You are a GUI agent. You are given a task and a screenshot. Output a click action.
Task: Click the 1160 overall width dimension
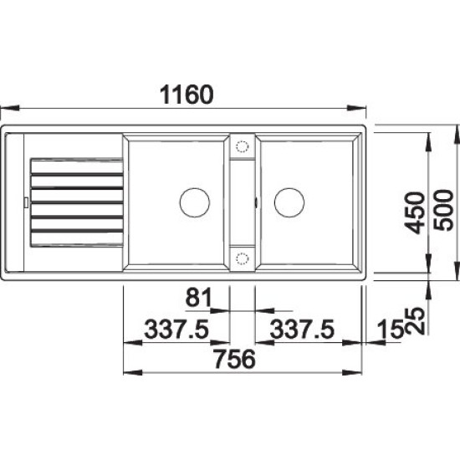tap(187, 95)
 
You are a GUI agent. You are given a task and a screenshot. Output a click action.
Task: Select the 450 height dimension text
tap(415, 212)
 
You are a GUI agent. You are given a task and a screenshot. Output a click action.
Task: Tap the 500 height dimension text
tap(443, 210)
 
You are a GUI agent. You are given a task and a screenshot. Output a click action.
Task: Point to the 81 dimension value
tap(198, 297)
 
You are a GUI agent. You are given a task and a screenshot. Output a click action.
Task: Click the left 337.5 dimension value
tap(176, 330)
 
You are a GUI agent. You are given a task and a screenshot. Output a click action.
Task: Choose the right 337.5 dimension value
tap(302, 330)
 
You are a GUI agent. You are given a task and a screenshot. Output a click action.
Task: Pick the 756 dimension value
tap(235, 360)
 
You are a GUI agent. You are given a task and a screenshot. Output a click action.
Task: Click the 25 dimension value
tap(415, 321)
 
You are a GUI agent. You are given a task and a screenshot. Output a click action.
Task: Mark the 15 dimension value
tap(391, 330)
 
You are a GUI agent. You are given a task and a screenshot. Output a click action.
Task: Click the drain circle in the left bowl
tap(195, 202)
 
